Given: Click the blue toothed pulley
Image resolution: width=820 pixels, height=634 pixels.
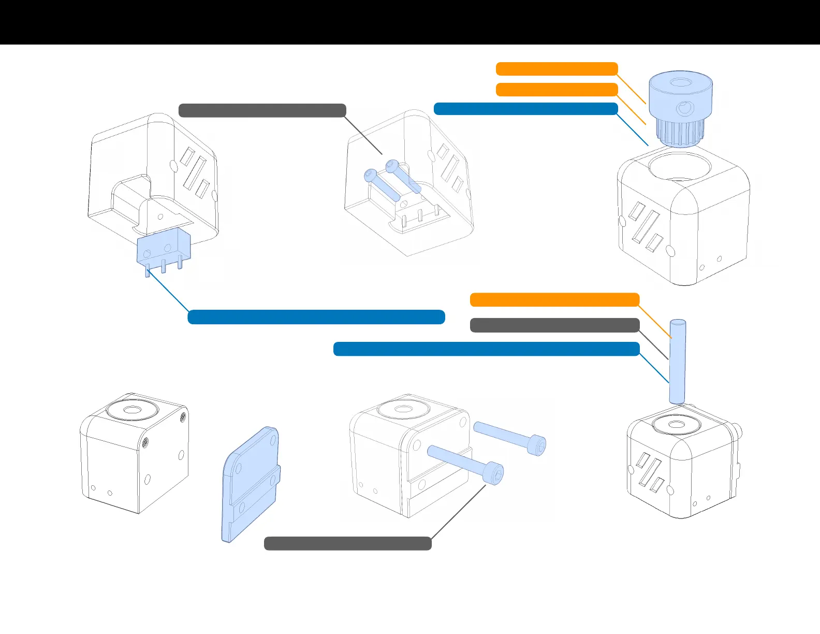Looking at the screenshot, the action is (680, 109).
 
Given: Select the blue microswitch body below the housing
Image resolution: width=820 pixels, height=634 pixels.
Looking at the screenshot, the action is (164, 248).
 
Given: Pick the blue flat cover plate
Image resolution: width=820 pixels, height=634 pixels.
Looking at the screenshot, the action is (251, 485).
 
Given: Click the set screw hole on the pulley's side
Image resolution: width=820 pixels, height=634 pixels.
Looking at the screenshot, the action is (684, 108).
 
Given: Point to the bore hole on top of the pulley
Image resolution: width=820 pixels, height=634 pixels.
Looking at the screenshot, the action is (681, 82).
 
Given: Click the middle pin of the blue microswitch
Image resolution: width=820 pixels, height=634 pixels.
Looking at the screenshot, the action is (164, 266).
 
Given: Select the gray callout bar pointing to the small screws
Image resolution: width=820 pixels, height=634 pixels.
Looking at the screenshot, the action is (262, 110).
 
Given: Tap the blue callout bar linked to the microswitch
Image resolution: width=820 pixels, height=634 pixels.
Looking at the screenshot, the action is (316, 317).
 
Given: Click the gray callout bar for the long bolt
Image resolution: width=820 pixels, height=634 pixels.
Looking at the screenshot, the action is (347, 543).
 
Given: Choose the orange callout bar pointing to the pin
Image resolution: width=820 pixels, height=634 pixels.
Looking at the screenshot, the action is (554, 299).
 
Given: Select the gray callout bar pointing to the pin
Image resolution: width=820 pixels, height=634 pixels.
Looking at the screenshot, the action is (554, 325).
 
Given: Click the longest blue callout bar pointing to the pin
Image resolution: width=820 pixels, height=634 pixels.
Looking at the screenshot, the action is (486, 349).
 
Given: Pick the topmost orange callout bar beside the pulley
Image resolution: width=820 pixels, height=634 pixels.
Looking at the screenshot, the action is (557, 69).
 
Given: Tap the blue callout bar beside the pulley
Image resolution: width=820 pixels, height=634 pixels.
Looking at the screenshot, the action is (525, 109).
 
